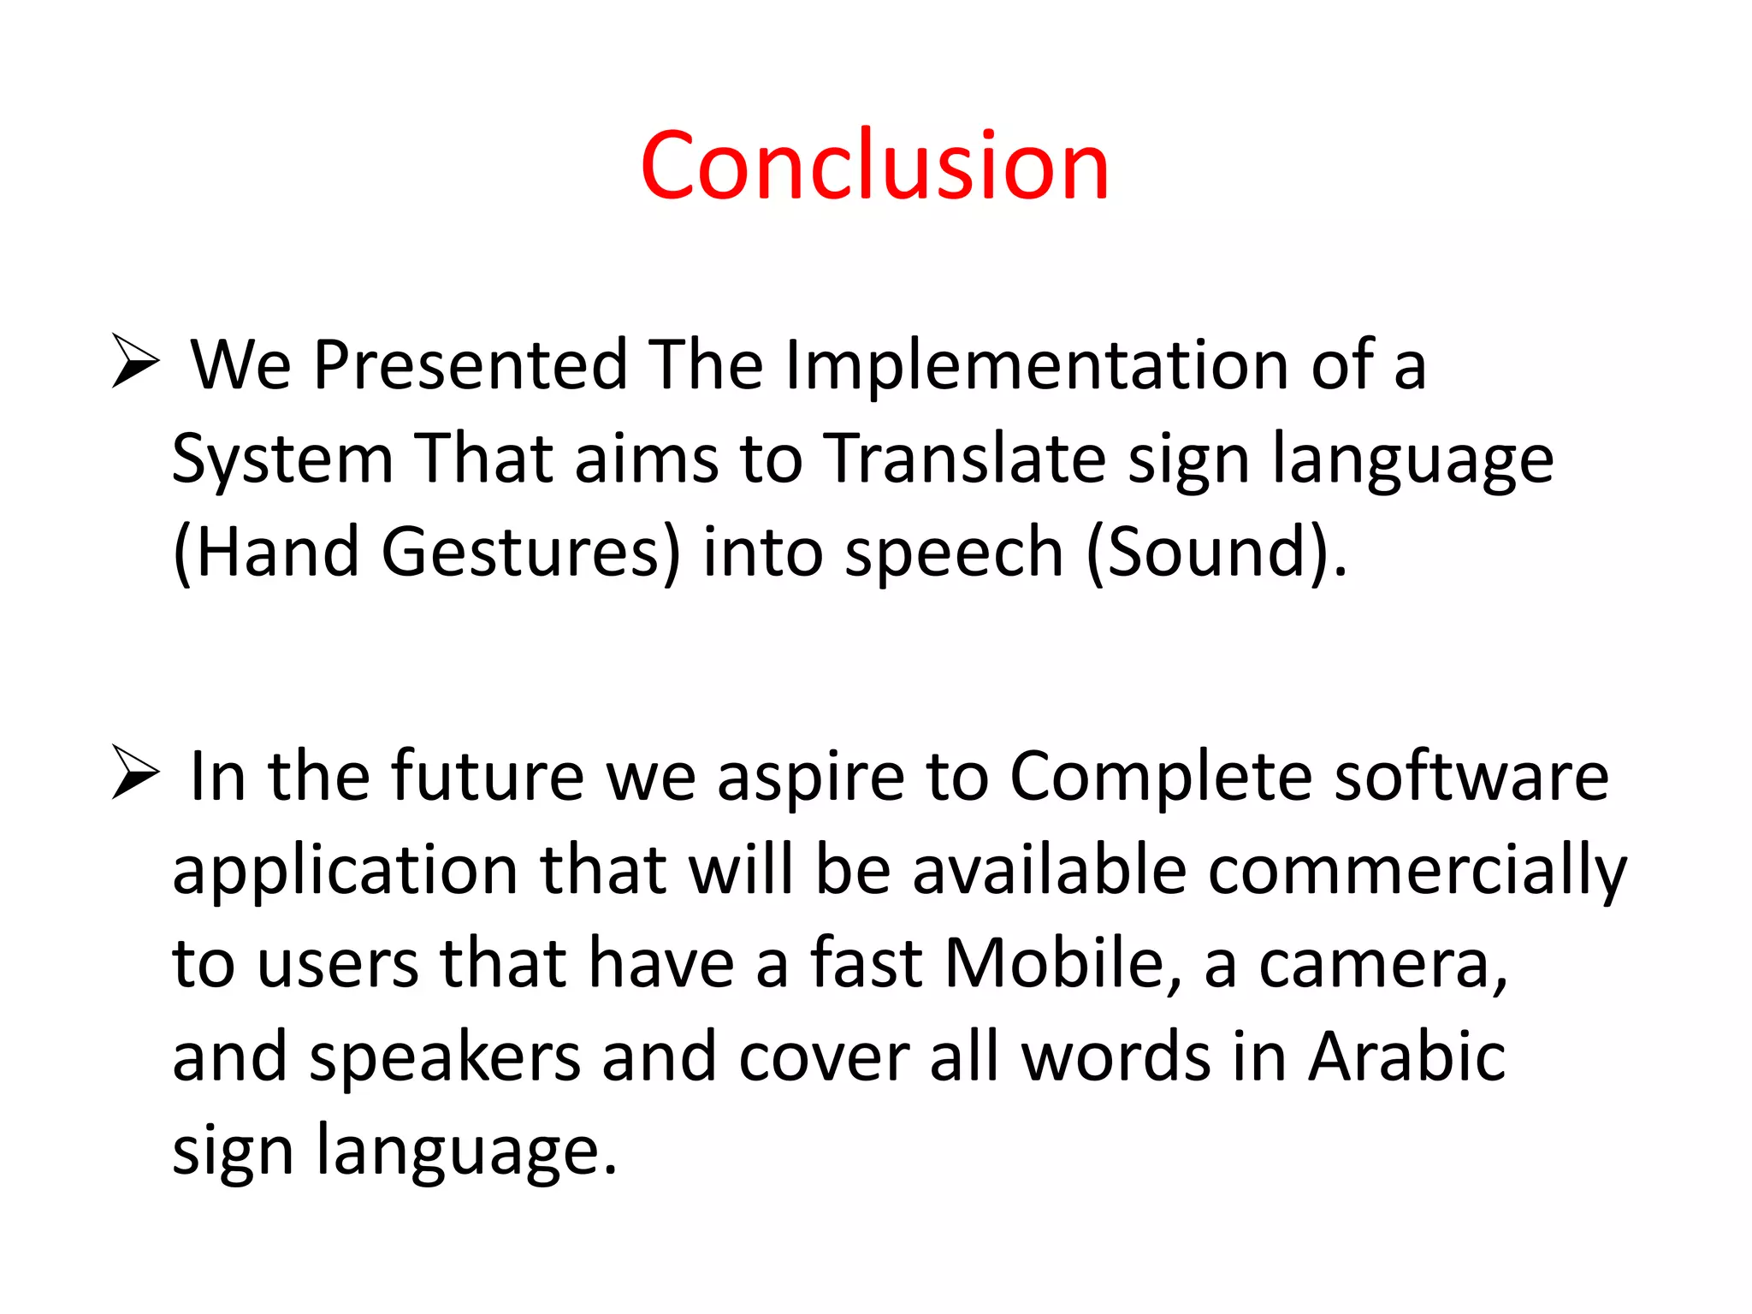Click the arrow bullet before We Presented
click(135, 362)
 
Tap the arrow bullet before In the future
click(135, 772)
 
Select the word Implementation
click(1036, 365)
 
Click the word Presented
click(471, 365)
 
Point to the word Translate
click(964, 459)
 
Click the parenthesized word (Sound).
click(1215, 553)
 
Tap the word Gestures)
click(530, 553)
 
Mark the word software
click(1471, 777)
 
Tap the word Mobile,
click(1063, 963)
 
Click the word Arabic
click(1407, 1057)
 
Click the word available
click(1049, 870)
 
